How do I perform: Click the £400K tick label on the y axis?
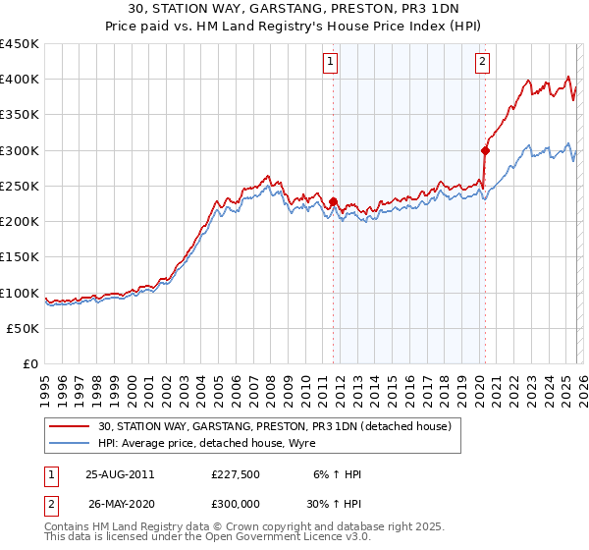point(20,80)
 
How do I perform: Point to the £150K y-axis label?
point(20,257)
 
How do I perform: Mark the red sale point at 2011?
point(334,202)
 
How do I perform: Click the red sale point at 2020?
point(485,150)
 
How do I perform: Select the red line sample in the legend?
point(71,426)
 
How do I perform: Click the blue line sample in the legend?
point(71,443)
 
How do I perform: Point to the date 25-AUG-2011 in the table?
point(120,475)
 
